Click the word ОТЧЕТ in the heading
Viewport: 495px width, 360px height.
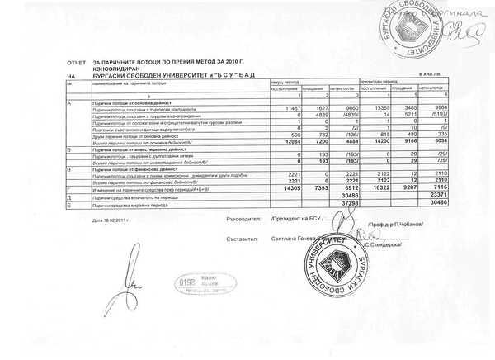click(75, 61)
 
